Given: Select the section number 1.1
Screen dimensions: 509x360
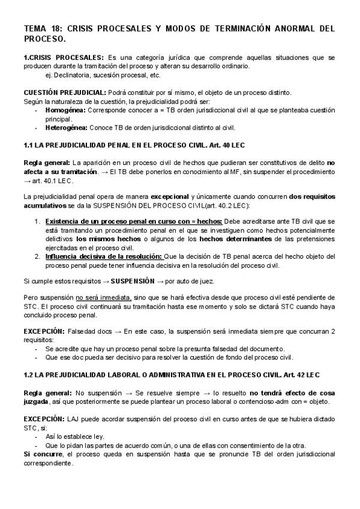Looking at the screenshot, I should pyautogui.click(x=29, y=145).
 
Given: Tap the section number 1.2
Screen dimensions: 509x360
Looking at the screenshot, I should pyautogui.click(x=29, y=375).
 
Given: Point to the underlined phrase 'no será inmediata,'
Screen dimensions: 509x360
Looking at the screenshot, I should pyautogui.click(x=103, y=297).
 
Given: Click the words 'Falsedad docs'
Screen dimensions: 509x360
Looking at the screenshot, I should pyautogui.click(x=88, y=331).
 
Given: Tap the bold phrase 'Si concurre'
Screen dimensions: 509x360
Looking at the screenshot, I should pyautogui.click(x=43, y=454).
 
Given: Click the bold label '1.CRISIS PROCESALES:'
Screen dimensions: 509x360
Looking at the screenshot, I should pyautogui.click(x=64, y=57).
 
